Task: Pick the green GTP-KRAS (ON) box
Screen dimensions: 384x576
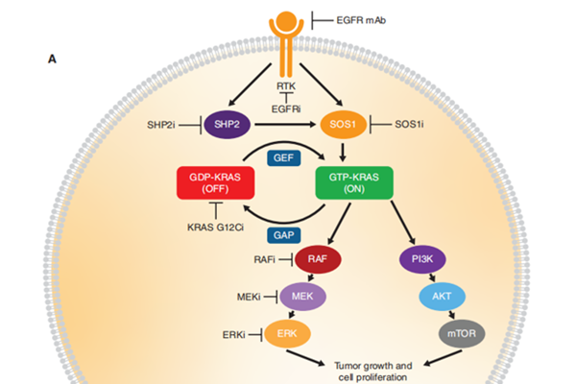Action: pos(354,182)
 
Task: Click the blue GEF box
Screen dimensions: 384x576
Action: pos(285,157)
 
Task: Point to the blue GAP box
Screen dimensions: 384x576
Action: pos(285,233)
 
